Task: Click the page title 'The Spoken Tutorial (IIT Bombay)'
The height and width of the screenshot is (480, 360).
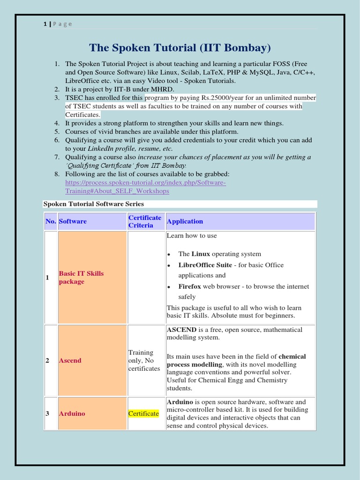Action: click(180, 48)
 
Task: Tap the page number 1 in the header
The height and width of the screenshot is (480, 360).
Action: click(45, 24)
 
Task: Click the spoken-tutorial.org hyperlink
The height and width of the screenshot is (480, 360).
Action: click(145, 187)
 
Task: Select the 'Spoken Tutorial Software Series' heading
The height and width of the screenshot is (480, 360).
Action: click(94, 204)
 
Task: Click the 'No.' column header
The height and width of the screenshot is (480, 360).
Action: click(51, 221)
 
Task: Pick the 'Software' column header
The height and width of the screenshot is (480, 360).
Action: click(73, 221)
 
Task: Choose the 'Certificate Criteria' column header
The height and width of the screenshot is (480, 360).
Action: click(145, 221)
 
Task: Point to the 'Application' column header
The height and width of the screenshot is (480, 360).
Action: click(185, 221)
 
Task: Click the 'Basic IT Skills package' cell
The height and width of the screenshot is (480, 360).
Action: click(81, 277)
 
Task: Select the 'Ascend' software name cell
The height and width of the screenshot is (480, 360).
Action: click(70, 360)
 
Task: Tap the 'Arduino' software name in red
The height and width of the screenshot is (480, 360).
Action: click(72, 414)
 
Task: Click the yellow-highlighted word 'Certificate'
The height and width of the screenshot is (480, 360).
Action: click(144, 413)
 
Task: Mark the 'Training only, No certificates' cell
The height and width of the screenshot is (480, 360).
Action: click(144, 360)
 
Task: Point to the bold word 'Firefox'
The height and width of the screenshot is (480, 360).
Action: click(190, 286)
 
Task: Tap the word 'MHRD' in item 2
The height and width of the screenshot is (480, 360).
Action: click(163, 89)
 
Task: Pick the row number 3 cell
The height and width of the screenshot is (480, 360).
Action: click(47, 414)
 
